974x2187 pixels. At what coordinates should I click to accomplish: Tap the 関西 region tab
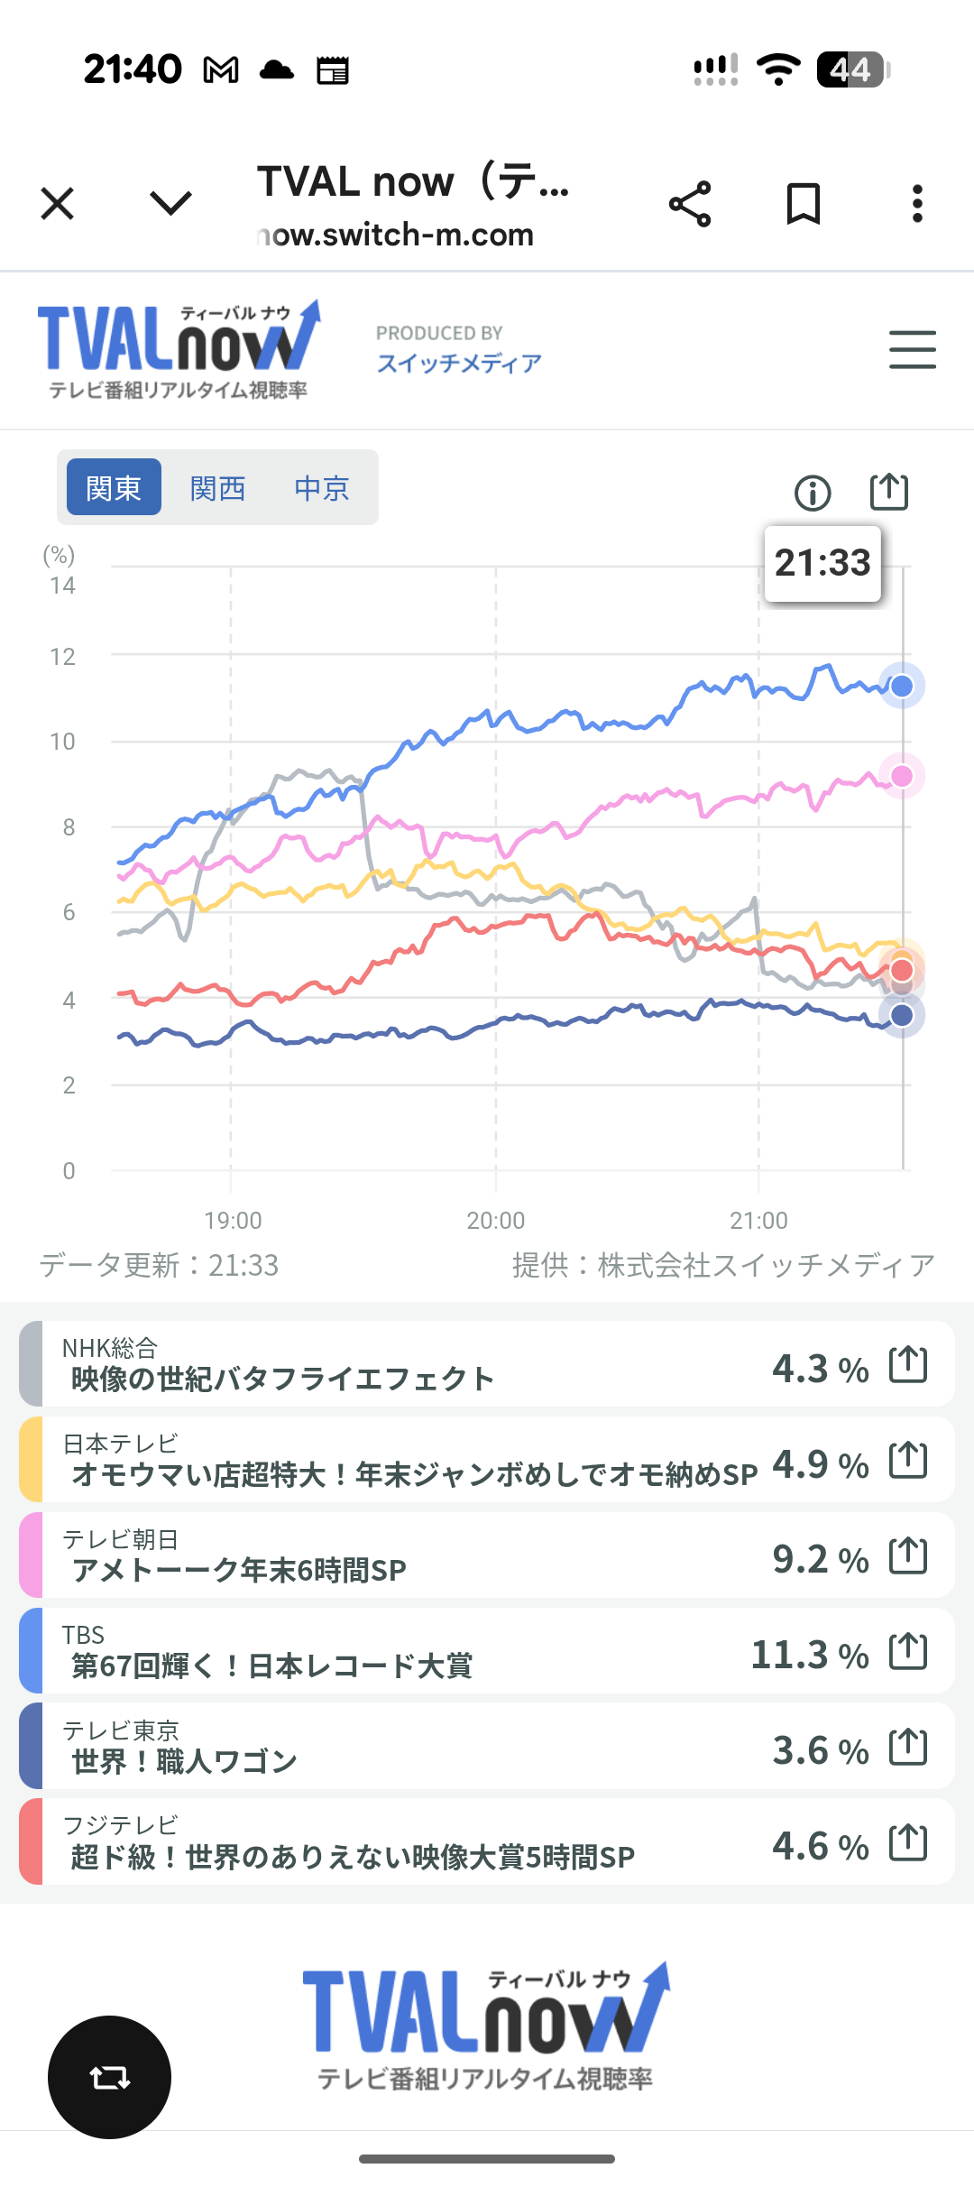(x=217, y=488)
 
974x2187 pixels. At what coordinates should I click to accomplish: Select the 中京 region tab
(x=322, y=488)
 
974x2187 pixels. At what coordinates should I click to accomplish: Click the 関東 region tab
(x=114, y=488)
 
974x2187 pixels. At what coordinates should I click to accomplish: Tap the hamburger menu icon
(x=912, y=349)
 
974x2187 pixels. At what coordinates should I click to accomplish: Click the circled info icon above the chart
(x=813, y=493)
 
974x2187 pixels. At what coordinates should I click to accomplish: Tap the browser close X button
(x=58, y=204)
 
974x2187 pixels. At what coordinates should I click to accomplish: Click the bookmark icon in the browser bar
(x=803, y=204)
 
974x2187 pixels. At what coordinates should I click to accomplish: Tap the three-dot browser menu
(x=917, y=204)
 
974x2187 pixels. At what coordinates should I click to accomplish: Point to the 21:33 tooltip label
(x=822, y=563)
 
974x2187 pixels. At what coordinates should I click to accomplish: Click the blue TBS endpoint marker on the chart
(x=902, y=687)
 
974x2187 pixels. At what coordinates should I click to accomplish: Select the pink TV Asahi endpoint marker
(x=902, y=776)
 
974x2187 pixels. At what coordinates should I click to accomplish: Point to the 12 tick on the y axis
(x=62, y=657)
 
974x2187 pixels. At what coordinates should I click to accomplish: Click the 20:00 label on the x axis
(x=495, y=1221)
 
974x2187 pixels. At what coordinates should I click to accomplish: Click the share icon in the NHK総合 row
(x=908, y=1363)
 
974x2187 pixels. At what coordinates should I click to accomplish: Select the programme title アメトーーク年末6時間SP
(x=239, y=1571)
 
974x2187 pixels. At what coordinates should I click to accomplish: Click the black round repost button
(x=109, y=2077)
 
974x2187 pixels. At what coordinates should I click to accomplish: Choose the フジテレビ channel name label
(x=121, y=1825)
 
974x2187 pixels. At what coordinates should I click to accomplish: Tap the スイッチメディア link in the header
(x=459, y=363)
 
